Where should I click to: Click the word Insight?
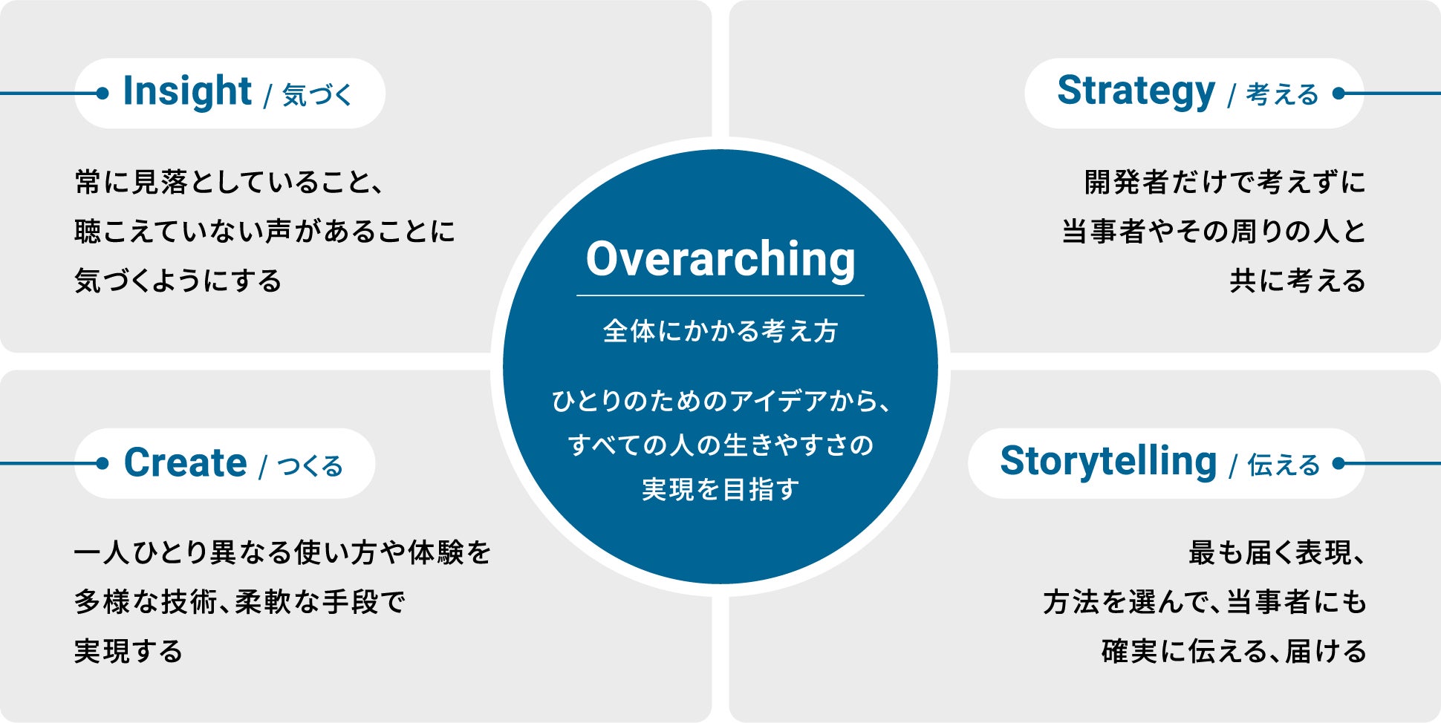pos(187,92)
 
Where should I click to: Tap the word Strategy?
pos(1136,92)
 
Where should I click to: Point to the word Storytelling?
pos(1108,462)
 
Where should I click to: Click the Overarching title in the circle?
pos(720,260)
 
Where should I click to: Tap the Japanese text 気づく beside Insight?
pos(317,95)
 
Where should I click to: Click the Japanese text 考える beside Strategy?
pos(1282,94)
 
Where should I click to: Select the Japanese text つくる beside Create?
pos(310,465)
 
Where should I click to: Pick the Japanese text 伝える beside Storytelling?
pos(1284,465)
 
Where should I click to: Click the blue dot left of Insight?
pos(103,94)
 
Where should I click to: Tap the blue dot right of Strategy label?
pos(1338,94)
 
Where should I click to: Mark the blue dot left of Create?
pos(103,463)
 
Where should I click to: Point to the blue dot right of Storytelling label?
pos(1338,463)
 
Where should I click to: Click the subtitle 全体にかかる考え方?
pos(720,331)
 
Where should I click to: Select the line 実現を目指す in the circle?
pos(720,489)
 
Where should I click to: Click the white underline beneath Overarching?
pos(720,295)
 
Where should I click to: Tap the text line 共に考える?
pos(1297,281)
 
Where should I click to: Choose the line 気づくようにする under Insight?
pos(178,281)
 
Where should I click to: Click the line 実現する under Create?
pos(129,651)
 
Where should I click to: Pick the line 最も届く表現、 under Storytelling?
pos(1276,552)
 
